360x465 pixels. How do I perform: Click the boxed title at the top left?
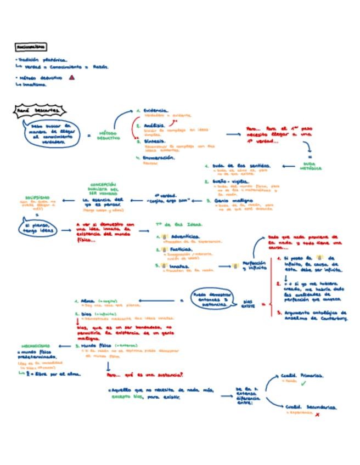tap(31, 47)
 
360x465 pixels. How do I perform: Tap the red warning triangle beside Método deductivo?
tap(72, 78)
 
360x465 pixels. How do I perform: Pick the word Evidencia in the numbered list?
tap(156, 110)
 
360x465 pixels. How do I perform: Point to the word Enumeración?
tap(159, 157)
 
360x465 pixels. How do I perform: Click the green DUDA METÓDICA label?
tap(311, 166)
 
